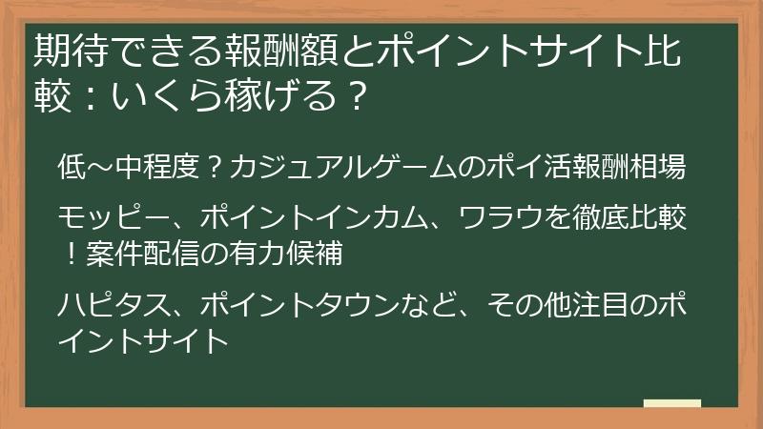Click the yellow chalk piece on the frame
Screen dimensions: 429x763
point(671,403)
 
